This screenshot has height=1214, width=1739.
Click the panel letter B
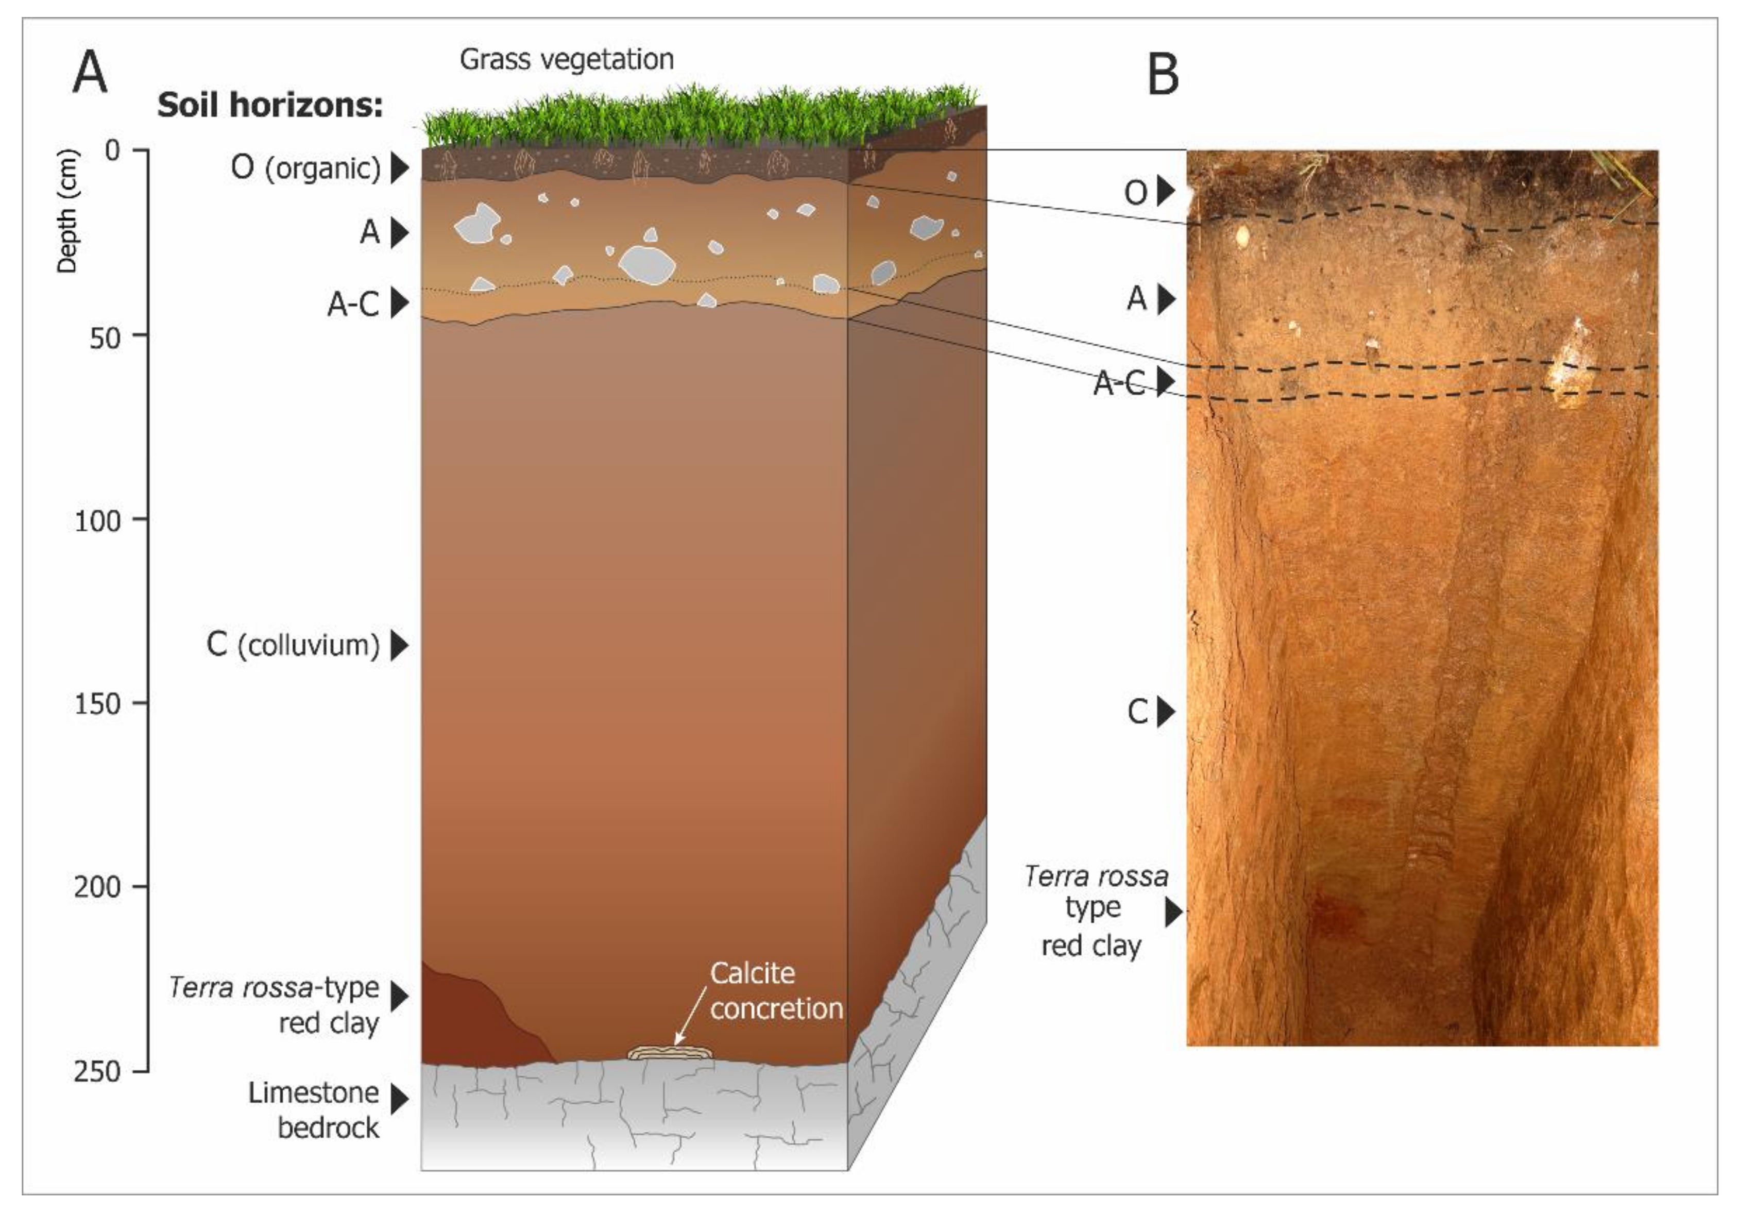coord(1163,75)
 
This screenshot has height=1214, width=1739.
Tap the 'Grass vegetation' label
coord(567,59)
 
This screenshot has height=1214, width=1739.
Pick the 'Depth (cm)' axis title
coord(67,211)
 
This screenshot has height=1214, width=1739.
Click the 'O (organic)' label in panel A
coord(305,168)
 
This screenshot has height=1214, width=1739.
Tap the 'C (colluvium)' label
coord(293,645)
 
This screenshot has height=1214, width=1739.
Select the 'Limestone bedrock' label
coord(314,1110)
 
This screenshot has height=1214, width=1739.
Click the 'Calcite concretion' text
coord(776,991)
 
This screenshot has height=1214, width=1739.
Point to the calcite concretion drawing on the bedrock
coord(670,1053)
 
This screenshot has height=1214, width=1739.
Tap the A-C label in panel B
coord(1119,383)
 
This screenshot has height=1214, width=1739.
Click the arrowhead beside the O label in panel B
coord(1166,192)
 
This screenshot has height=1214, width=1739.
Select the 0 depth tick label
coord(113,151)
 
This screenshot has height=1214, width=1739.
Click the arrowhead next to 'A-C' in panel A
coord(399,303)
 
